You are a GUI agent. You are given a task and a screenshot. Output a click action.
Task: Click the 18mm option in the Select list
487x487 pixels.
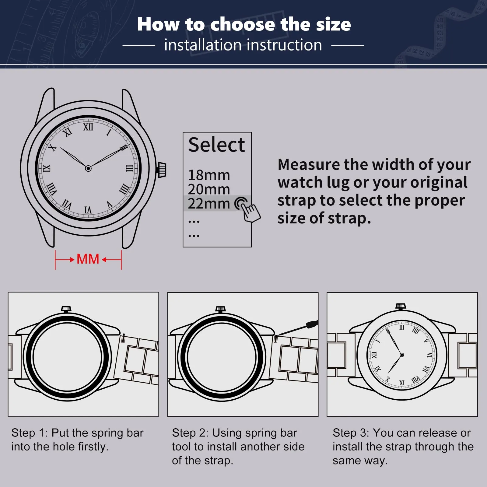pyautogui.click(x=209, y=175)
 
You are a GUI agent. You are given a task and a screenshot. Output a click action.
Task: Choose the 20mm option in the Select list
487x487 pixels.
pyautogui.click(x=209, y=189)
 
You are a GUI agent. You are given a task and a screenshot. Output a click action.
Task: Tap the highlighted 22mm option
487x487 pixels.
pyautogui.click(x=209, y=203)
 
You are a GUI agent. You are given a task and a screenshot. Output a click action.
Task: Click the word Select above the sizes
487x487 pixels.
pyautogui.click(x=216, y=145)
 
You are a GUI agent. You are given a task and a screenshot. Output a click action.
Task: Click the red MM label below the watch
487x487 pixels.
pyautogui.click(x=88, y=259)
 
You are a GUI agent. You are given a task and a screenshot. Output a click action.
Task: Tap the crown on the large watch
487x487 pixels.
pyautogui.click(x=162, y=170)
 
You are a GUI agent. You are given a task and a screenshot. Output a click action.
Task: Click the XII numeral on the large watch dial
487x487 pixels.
pyautogui.click(x=88, y=127)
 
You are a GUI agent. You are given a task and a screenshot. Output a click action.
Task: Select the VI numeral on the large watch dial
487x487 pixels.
pyautogui.click(x=88, y=210)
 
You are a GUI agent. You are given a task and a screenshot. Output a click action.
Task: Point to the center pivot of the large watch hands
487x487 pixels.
pyautogui.click(x=88, y=168)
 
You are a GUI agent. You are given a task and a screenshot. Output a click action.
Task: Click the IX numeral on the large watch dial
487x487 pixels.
pyautogui.click(x=47, y=168)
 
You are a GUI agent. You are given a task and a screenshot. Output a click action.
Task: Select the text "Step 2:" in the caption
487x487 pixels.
pyautogui.click(x=190, y=433)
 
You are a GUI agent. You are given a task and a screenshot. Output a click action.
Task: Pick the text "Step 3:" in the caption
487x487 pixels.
pyautogui.click(x=351, y=433)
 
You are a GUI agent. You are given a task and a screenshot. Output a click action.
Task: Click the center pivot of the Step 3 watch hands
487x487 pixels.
pyautogui.click(x=402, y=355)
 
